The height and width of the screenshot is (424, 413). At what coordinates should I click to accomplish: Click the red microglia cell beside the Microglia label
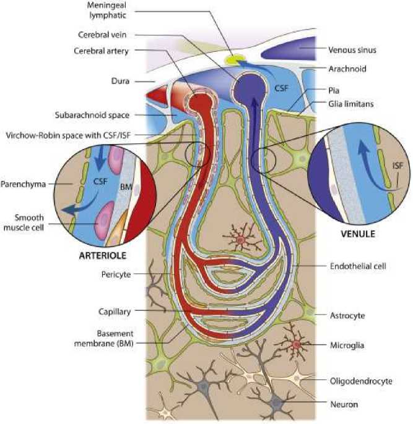(296, 344)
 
